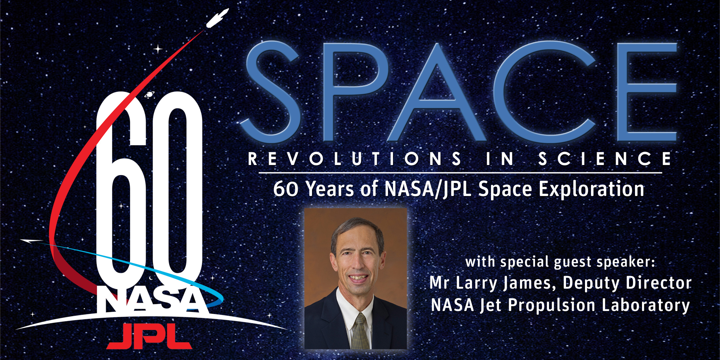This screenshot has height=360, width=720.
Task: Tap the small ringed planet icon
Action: (x=149, y=95)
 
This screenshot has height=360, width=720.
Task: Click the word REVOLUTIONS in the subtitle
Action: (x=355, y=159)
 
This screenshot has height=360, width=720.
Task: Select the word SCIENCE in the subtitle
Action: (x=605, y=159)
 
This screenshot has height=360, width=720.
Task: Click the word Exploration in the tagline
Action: (x=592, y=189)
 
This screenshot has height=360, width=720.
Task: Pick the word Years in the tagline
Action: (x=330, y=189)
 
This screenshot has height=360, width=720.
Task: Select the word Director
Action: (x=659, y=283)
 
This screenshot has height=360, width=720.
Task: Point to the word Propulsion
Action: (x=552, y=306)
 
